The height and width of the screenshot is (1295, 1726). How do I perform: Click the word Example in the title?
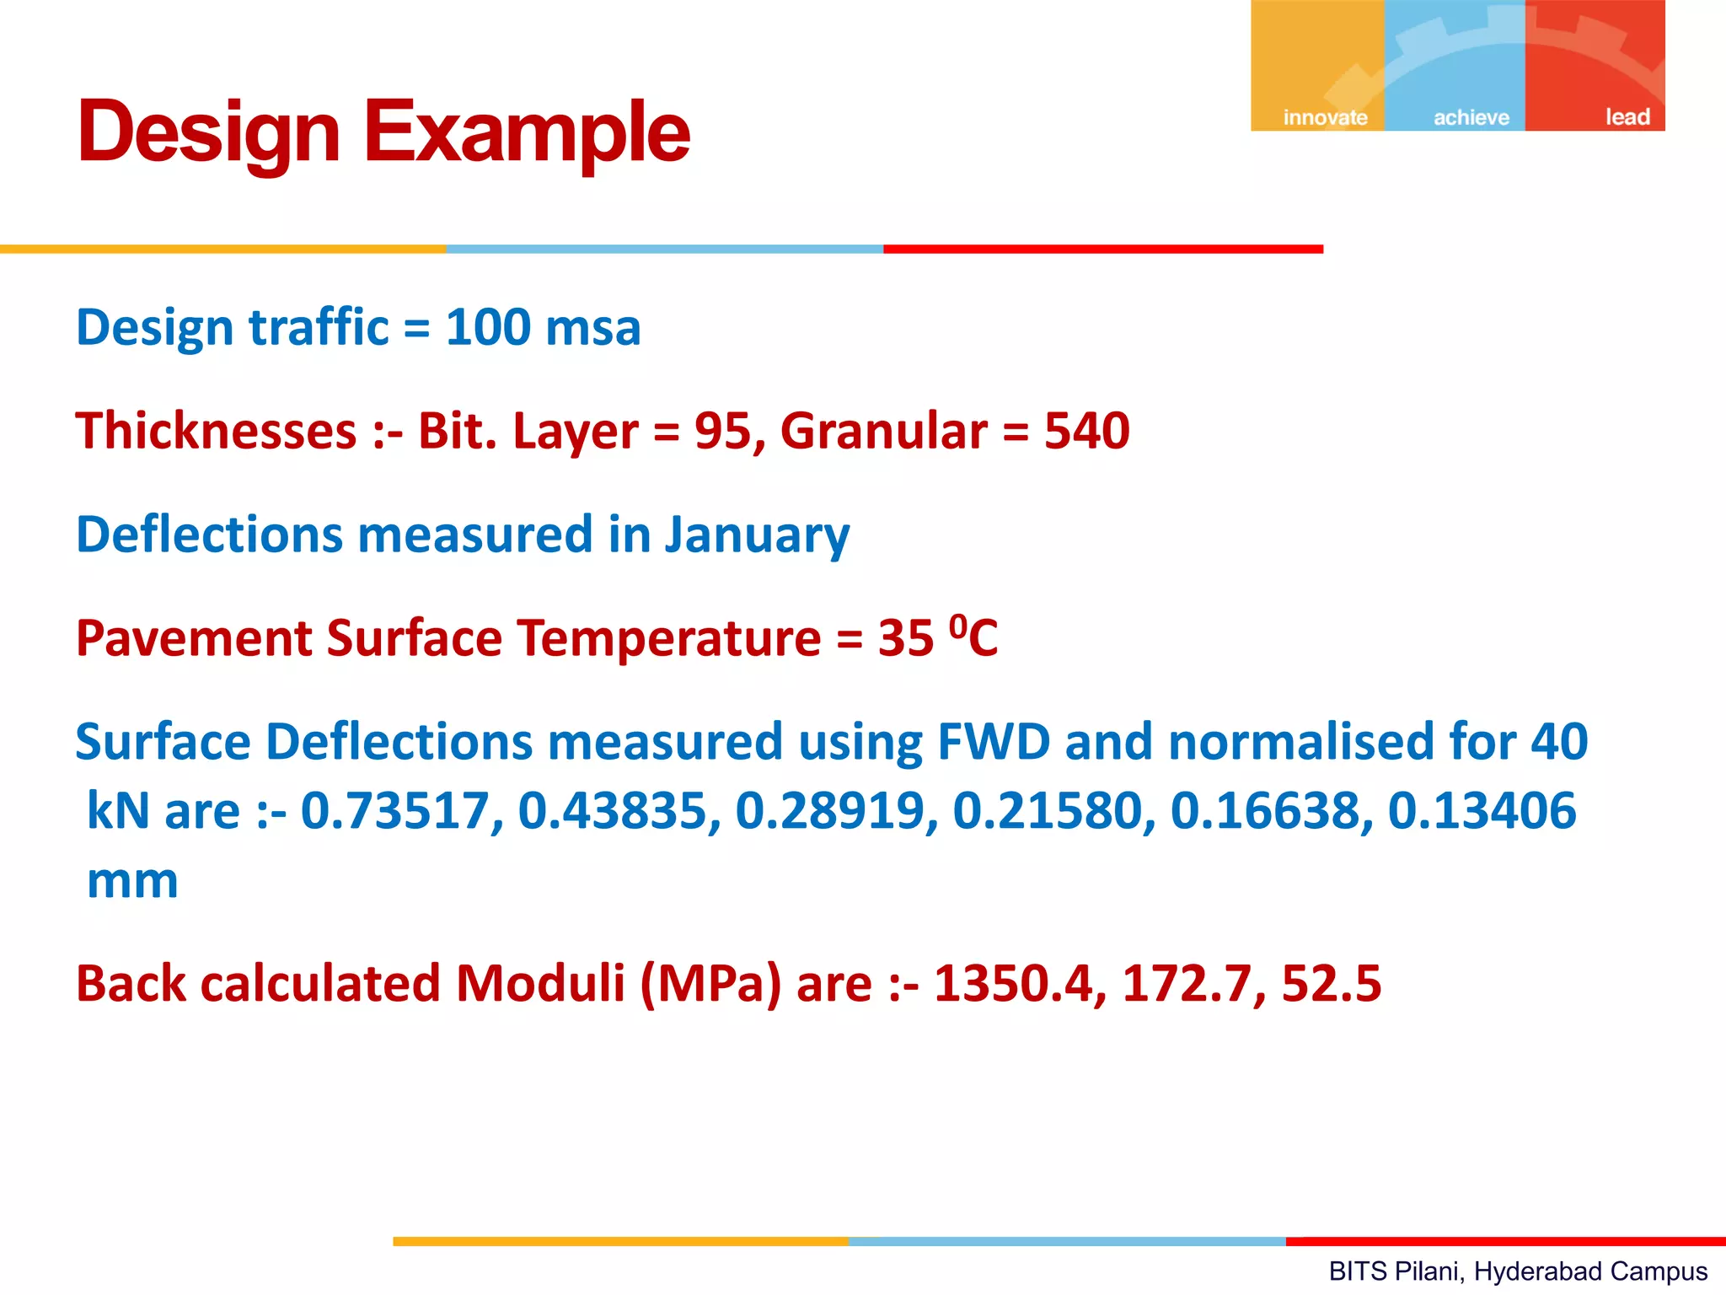tap(527, 132)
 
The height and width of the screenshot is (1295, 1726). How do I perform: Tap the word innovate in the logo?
tap(1325, 117)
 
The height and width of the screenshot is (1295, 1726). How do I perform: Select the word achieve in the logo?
tap(1471, 117)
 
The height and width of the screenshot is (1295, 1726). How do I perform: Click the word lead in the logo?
tap(1627, 116)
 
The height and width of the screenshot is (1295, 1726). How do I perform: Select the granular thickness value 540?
tap(1086, 431)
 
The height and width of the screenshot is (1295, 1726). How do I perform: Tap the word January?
tap(757, 535)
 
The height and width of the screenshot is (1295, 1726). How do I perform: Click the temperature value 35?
tap(905, 638)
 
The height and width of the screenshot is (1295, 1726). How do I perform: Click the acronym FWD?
tap(994, 742)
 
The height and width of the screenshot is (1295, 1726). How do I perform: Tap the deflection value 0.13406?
tap(1482, 811)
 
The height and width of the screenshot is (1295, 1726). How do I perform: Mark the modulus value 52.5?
tap(1331, 984)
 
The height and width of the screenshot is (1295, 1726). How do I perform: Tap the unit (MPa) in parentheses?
tap(710, 984)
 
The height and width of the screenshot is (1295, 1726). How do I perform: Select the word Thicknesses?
tap(217, 431)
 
